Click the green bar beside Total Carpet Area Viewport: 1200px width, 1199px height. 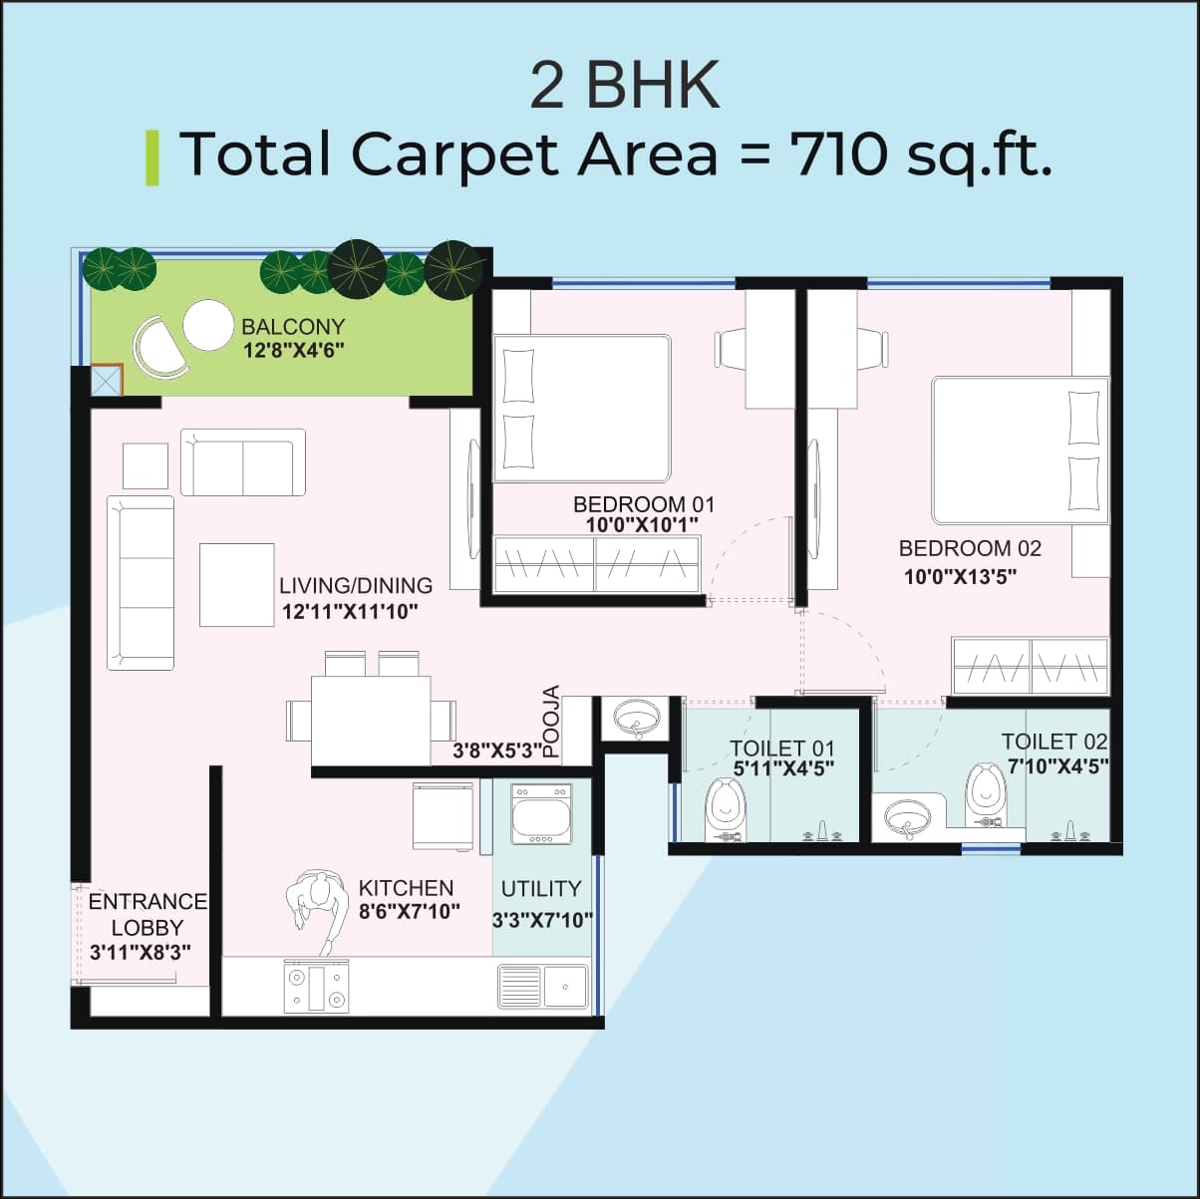tap(152, 157)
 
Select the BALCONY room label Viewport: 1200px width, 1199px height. tap(293, 327)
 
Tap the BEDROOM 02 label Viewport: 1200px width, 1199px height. tap(969, 548)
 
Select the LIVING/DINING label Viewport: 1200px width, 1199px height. tap(356, 586)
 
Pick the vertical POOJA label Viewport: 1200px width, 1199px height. tap(551, 723)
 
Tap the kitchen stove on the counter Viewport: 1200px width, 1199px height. tap(317, 987)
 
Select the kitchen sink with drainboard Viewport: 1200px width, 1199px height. tap(542, 986)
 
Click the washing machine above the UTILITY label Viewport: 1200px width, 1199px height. tap(541, 814)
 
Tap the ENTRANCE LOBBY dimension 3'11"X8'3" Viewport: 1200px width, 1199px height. tap(141, 952)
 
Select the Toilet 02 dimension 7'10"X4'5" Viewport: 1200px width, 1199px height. tap(1056, 766)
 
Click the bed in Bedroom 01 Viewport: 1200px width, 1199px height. tap(583, 409)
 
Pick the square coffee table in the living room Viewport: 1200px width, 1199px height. tap(236, 584)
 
